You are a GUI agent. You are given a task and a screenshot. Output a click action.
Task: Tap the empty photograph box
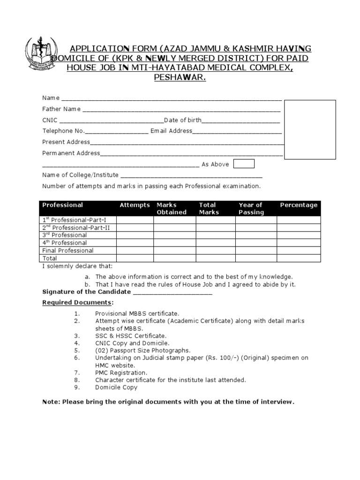click(x=310, y=129)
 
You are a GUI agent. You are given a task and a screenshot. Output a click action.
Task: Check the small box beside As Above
click(x=244, y=164)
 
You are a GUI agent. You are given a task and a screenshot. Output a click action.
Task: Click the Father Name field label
click(x=61, y=109)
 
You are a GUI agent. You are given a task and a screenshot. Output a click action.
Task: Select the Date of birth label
click(x=182, y=120)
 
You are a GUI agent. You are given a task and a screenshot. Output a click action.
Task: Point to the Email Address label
click(x=171, y=131)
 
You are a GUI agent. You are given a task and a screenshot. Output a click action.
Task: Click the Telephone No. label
click(x=63, y=131)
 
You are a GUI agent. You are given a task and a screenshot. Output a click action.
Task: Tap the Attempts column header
click(x=135, y=205)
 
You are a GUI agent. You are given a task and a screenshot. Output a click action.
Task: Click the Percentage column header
click(x=299, y=205)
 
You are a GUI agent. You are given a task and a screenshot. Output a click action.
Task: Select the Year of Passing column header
click(x=251, y=209)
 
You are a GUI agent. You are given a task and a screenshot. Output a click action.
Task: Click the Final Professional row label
click(x=68, y=250)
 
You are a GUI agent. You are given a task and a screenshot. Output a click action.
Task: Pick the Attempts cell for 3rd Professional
click(x=135, y=235)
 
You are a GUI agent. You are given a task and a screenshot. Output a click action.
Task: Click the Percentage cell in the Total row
click(x=299, y=258)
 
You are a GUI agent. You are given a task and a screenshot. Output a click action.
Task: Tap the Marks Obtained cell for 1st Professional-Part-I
click(x=174, y=220)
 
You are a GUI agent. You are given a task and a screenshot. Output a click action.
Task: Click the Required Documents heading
click(x=77, y=302)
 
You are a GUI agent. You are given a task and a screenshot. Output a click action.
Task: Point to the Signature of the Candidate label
click(x=87, y=292)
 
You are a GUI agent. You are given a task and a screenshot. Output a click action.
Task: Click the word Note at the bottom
click(x=51, y=402)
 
